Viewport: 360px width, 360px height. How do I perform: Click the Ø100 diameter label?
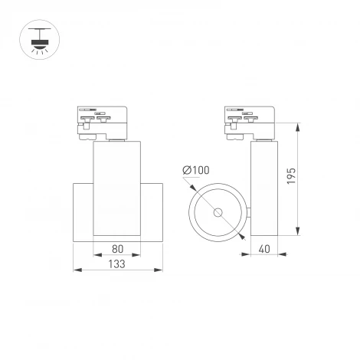(x=197, y=169)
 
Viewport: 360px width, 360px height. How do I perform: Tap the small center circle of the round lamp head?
(x=219, y=211)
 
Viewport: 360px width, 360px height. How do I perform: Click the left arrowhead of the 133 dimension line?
(x=75, y=270)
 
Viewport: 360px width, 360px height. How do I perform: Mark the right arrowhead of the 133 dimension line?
(x=160, y=270)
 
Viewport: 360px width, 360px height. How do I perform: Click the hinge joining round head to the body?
(x=247, y=211)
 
